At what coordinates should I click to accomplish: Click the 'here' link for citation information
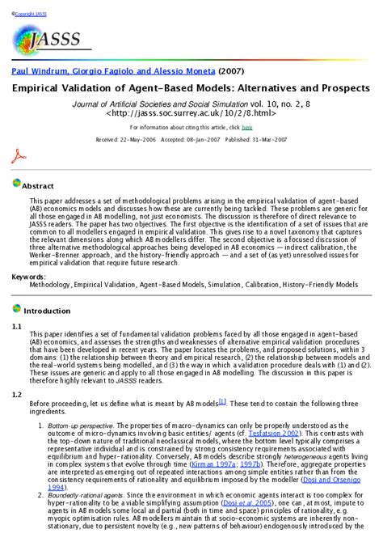(246, 127)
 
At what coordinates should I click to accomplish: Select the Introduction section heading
(47, 311)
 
